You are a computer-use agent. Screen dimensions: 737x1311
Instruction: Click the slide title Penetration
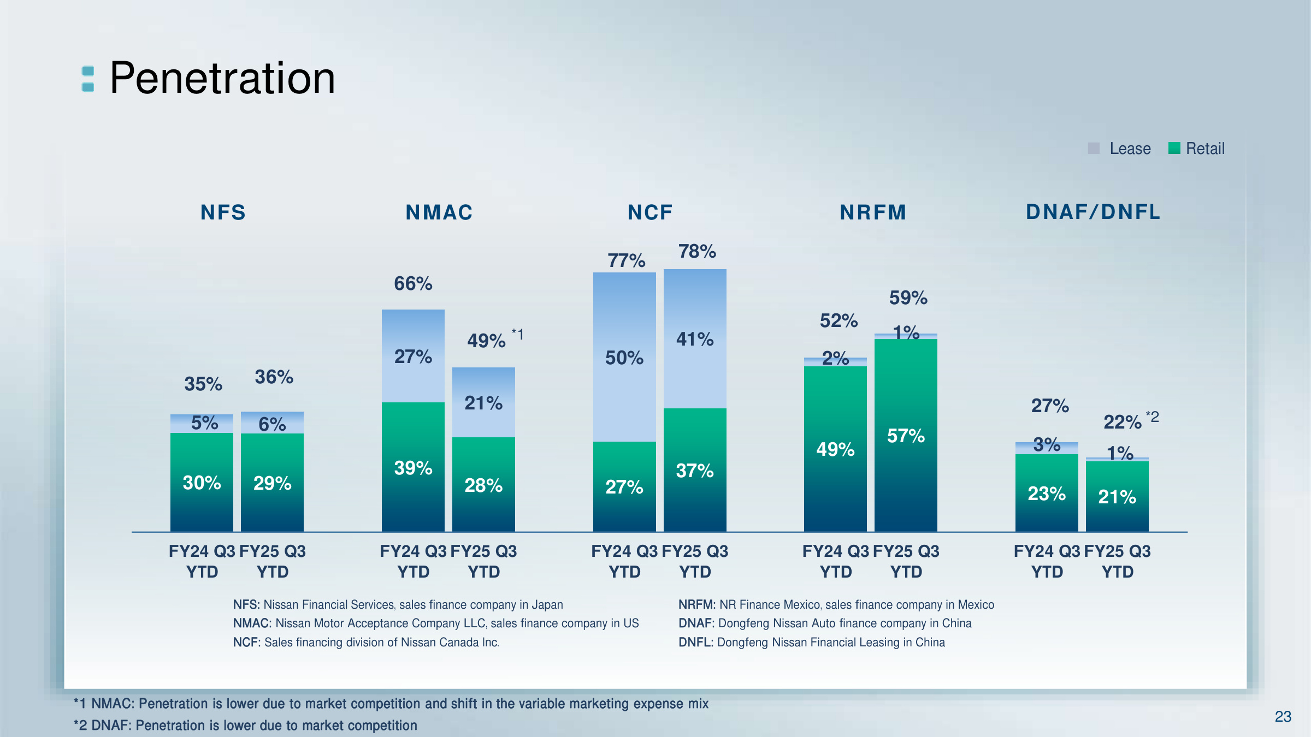(x=222, y=79)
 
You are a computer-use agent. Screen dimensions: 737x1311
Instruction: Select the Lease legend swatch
(x=1094, y=148)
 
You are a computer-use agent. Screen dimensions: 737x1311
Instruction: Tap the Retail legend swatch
(x=1174, y=148)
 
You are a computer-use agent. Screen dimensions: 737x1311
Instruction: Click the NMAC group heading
(x=439, y=212)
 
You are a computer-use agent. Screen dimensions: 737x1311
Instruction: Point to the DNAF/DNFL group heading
(x=1093, y=212)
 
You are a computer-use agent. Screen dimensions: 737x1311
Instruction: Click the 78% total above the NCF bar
(x=697, y=252)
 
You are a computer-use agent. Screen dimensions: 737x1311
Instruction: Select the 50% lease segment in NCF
(x=624, y=358)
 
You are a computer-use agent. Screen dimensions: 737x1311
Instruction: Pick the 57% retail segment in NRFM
(x=906, y=436)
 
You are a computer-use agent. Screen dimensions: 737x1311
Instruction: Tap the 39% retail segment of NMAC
(x=413, y=468)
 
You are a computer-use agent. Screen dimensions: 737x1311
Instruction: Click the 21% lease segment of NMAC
(x=483, y=403)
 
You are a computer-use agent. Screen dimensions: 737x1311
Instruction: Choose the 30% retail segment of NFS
(x=202, y=483)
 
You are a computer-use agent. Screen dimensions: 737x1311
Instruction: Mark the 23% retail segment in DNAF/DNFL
(x=1047, y=494)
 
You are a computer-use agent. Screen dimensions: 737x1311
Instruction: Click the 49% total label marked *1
(x=487, y=341)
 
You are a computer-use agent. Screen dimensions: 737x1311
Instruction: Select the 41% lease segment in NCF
(x=695, y=339)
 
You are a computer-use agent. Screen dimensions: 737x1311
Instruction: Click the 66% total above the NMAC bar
(x=413, y=284)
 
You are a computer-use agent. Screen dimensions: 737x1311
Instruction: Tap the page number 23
(x=1283, y=716)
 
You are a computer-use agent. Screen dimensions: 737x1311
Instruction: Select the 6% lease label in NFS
(x=272, y=424)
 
